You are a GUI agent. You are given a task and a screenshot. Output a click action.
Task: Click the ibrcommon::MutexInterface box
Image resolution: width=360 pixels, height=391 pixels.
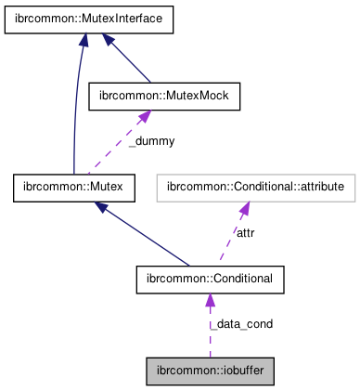(89, 21)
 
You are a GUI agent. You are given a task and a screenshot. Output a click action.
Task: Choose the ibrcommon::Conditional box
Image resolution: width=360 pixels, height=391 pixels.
(209, 278)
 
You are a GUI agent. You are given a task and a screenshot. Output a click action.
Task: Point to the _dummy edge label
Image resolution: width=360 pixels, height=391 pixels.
(150, 141)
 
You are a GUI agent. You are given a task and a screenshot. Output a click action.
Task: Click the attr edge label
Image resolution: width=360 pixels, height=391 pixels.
(245, 232)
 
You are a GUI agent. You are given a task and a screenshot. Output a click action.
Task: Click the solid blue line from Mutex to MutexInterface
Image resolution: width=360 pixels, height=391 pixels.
(72, 111)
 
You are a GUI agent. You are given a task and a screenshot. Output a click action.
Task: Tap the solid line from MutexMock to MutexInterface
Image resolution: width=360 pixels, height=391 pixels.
(130, 60)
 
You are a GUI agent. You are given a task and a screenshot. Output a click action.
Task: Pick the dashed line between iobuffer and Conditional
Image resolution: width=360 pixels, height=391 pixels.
(210, 330)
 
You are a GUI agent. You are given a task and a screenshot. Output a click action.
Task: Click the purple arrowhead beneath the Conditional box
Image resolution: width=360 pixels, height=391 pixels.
(210, 299)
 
